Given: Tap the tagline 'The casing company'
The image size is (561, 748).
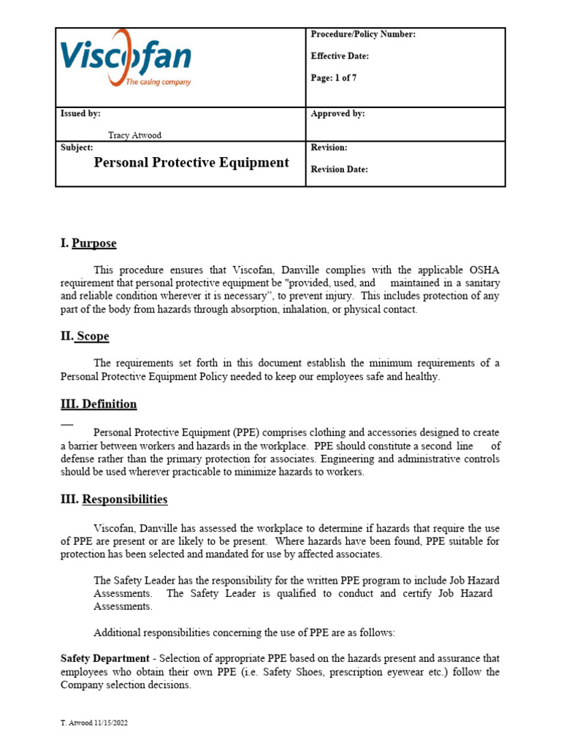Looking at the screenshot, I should pos(158,82).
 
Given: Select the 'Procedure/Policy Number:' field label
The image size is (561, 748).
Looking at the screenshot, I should pos(363,35).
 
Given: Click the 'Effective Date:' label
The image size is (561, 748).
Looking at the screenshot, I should pos(340,56).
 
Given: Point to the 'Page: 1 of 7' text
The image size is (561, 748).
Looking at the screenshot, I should pos(334,78).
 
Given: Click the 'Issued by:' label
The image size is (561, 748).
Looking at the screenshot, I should pos(80,114).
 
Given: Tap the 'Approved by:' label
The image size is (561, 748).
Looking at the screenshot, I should pos(337,114).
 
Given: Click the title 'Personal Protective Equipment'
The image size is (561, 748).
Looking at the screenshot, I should pos(191,163).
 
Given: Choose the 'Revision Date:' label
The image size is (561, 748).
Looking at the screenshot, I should pos(339,169).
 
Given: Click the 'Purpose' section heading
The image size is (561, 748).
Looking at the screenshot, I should pos(94,243).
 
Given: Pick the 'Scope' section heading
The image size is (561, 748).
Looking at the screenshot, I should pos(93,336).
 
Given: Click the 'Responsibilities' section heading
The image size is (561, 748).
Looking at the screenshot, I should pos(124,500).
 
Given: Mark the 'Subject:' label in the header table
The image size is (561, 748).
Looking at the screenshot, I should pos(77,148).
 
